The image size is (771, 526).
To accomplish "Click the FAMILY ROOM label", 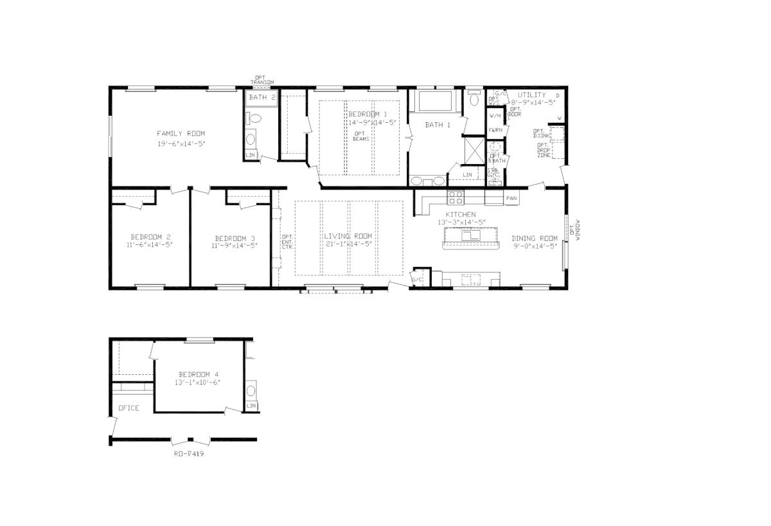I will [x=181, y=133].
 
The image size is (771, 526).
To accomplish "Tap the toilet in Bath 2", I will [x=253, y=119].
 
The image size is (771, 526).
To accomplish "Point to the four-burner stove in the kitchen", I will [x=456, y=196].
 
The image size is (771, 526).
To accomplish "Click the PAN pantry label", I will [x=511, y=198].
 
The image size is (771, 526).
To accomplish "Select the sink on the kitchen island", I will [x=472, y=236].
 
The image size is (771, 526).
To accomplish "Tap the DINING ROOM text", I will [x=535, y=239].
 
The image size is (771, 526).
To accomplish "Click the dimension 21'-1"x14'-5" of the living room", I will [x=348, y=244].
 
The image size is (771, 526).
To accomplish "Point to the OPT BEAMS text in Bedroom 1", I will [x=360, y=136].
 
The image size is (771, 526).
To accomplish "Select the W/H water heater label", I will [x=495, y=116].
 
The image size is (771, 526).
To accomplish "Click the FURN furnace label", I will [x=495, y=131].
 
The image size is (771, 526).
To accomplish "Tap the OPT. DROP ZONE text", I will [x=543, y=150].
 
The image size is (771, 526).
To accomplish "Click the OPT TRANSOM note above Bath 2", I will [x=262, y=80].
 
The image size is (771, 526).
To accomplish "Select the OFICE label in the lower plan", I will [x=128, y=408].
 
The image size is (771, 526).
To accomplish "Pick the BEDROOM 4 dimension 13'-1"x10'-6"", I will [x=199, y=383].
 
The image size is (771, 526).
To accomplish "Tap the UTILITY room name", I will [x=532, y=95].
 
